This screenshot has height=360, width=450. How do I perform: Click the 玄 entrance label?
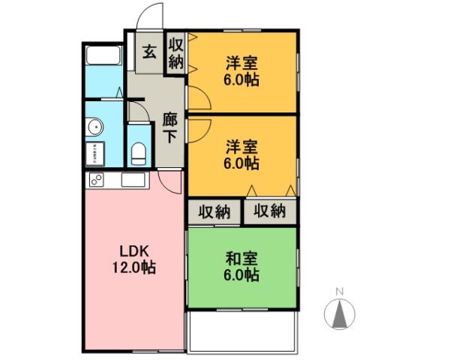149,52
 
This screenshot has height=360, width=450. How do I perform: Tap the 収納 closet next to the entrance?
175,53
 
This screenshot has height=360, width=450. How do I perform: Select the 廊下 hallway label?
170,128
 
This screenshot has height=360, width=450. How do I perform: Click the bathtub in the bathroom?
103,57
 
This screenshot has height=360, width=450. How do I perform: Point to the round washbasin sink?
95,127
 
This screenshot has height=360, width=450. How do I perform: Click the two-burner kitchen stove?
97,180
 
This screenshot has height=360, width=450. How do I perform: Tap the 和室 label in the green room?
241,259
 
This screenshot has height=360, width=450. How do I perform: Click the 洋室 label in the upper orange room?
241,63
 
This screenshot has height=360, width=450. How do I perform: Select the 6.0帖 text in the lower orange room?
241,163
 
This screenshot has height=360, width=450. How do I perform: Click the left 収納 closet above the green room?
214,211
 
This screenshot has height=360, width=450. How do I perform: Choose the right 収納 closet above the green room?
269,211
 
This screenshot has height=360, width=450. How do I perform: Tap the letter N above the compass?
339,291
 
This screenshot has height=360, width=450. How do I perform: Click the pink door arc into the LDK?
171,183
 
